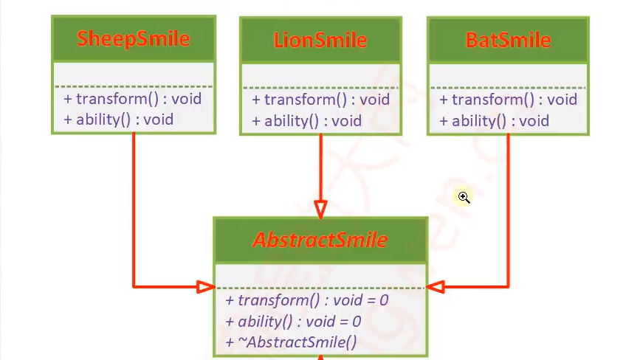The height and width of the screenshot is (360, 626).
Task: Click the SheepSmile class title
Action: point(133,38)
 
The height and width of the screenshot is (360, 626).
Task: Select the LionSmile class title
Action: point(320,39)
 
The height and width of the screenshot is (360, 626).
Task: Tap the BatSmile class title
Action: point(508,39)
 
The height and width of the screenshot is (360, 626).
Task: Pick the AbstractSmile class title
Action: point(320,240)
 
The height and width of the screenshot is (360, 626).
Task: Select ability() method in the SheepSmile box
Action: point(119,119)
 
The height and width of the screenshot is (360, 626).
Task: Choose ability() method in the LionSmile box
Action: point(306,120)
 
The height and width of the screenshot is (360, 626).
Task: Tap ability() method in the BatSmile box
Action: point(494,120)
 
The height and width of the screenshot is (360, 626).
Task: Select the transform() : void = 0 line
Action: point(307,300)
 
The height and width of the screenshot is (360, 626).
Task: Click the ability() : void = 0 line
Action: point(293,322)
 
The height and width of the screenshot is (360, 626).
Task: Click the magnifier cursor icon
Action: point(464,197)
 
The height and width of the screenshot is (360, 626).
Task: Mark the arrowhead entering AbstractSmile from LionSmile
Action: point(320,210)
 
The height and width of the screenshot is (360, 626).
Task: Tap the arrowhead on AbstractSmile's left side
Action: point(206,286)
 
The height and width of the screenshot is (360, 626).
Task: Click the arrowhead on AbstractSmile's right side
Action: point(435,286)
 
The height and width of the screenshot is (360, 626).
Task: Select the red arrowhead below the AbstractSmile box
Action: point(320,357)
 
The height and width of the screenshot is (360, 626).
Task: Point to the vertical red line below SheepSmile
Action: point(134,207)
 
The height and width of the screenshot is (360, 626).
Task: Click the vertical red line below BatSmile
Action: point(508,207)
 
